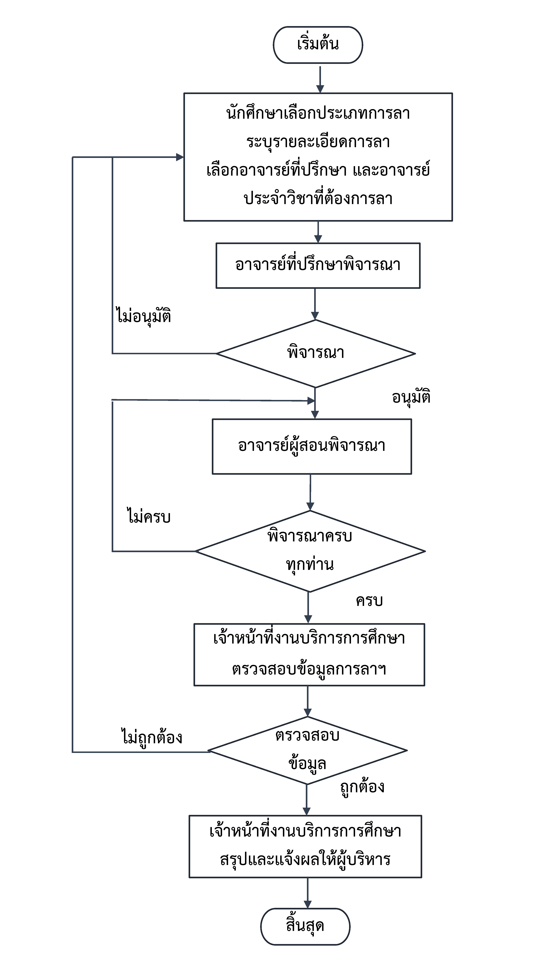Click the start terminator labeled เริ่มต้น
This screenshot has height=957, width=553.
(x=318, y=45)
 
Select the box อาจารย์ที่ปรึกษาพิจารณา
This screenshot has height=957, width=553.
(x=318, y=265)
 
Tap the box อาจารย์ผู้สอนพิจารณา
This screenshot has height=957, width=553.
(x=312, y=446)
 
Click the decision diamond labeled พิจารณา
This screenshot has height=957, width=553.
(x=315, y=354)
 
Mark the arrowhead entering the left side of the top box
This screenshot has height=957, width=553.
(x=180, y=157)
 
